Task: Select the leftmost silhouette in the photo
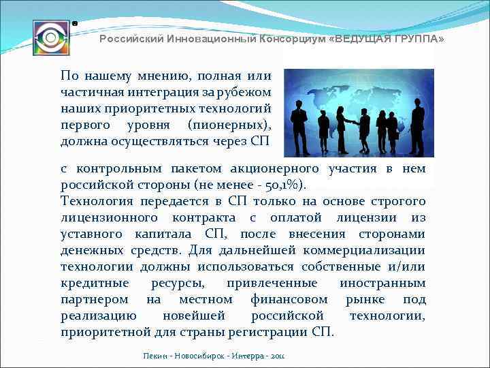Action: click(x=299, y=126)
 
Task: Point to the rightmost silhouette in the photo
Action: click(x=416, y=126)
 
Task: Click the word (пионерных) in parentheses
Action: click(x=232, y=125)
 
